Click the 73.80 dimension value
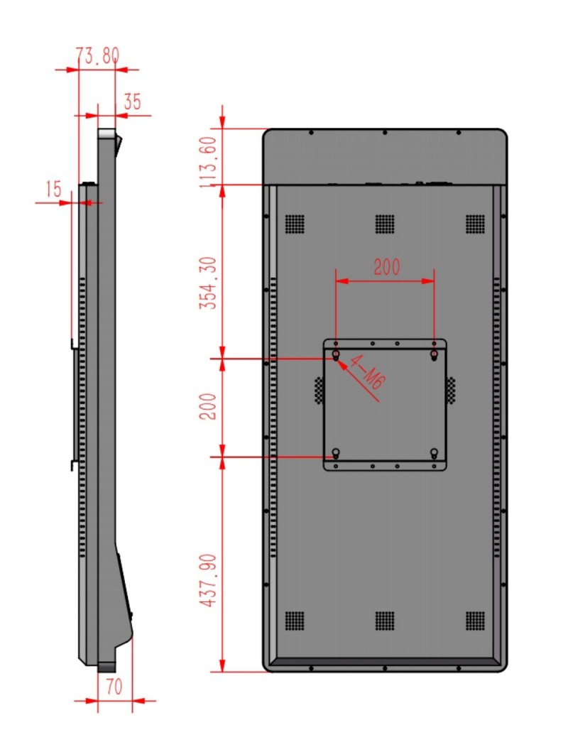(97, 55)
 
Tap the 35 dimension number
(132, 102)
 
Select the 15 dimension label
(53, 189)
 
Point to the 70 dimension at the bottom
(114, 687)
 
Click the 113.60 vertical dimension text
(208, 162)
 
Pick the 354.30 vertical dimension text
(208, 283)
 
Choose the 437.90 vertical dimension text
(208, 580)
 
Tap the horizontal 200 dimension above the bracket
(387, 267)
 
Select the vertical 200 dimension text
(208, 406)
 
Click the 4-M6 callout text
(366, 372)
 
